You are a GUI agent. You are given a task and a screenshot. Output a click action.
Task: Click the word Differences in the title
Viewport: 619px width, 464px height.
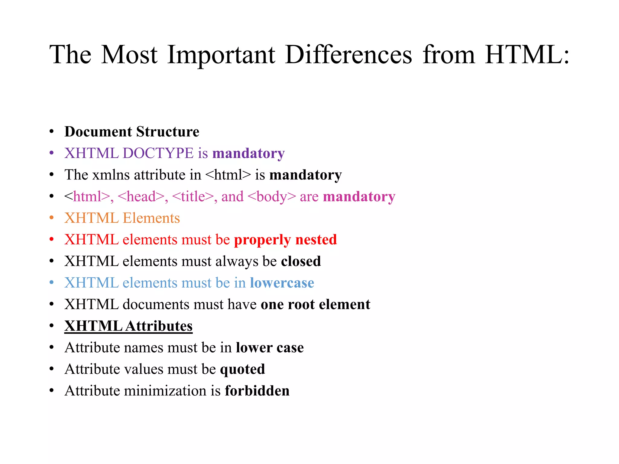click(x=348, y=55)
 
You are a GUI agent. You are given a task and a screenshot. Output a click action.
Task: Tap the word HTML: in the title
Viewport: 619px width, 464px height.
click(x=527, y=55)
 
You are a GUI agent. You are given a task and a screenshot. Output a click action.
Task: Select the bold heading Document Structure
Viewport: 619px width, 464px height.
click(x=132, y=132)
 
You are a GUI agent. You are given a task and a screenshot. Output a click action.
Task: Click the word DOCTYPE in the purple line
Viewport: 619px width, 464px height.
click(x=158, y=153)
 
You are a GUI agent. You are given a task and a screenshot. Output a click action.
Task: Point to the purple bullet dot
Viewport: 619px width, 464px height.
click(x=52, y=153)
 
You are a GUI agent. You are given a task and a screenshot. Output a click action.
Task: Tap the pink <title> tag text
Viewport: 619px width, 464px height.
click(x=193, y=197)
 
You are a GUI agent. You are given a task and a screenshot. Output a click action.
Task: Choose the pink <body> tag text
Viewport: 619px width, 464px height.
click(x=271, y=197)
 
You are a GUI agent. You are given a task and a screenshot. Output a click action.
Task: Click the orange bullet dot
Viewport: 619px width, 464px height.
click(x=52, y=217)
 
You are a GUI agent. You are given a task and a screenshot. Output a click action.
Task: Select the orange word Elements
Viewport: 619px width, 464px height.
click(x=151, y=218)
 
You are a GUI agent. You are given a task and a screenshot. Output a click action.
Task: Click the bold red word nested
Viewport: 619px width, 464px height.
click(x=316, y=240)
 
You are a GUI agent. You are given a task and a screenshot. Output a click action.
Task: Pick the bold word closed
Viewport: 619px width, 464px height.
click(x=301, y=261)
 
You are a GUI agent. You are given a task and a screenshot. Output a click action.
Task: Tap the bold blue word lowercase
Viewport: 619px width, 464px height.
click(x=282, y=283)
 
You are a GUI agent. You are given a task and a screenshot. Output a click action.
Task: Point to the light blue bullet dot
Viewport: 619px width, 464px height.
click(x=52, y=282)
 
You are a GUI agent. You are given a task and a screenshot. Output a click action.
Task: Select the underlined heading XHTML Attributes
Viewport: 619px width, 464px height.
click(x=128, y=326)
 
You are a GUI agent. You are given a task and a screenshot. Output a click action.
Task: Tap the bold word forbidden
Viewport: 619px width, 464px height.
click(x=257, y=391)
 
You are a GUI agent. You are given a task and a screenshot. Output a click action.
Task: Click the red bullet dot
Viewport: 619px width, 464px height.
click(x=52, y=239)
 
